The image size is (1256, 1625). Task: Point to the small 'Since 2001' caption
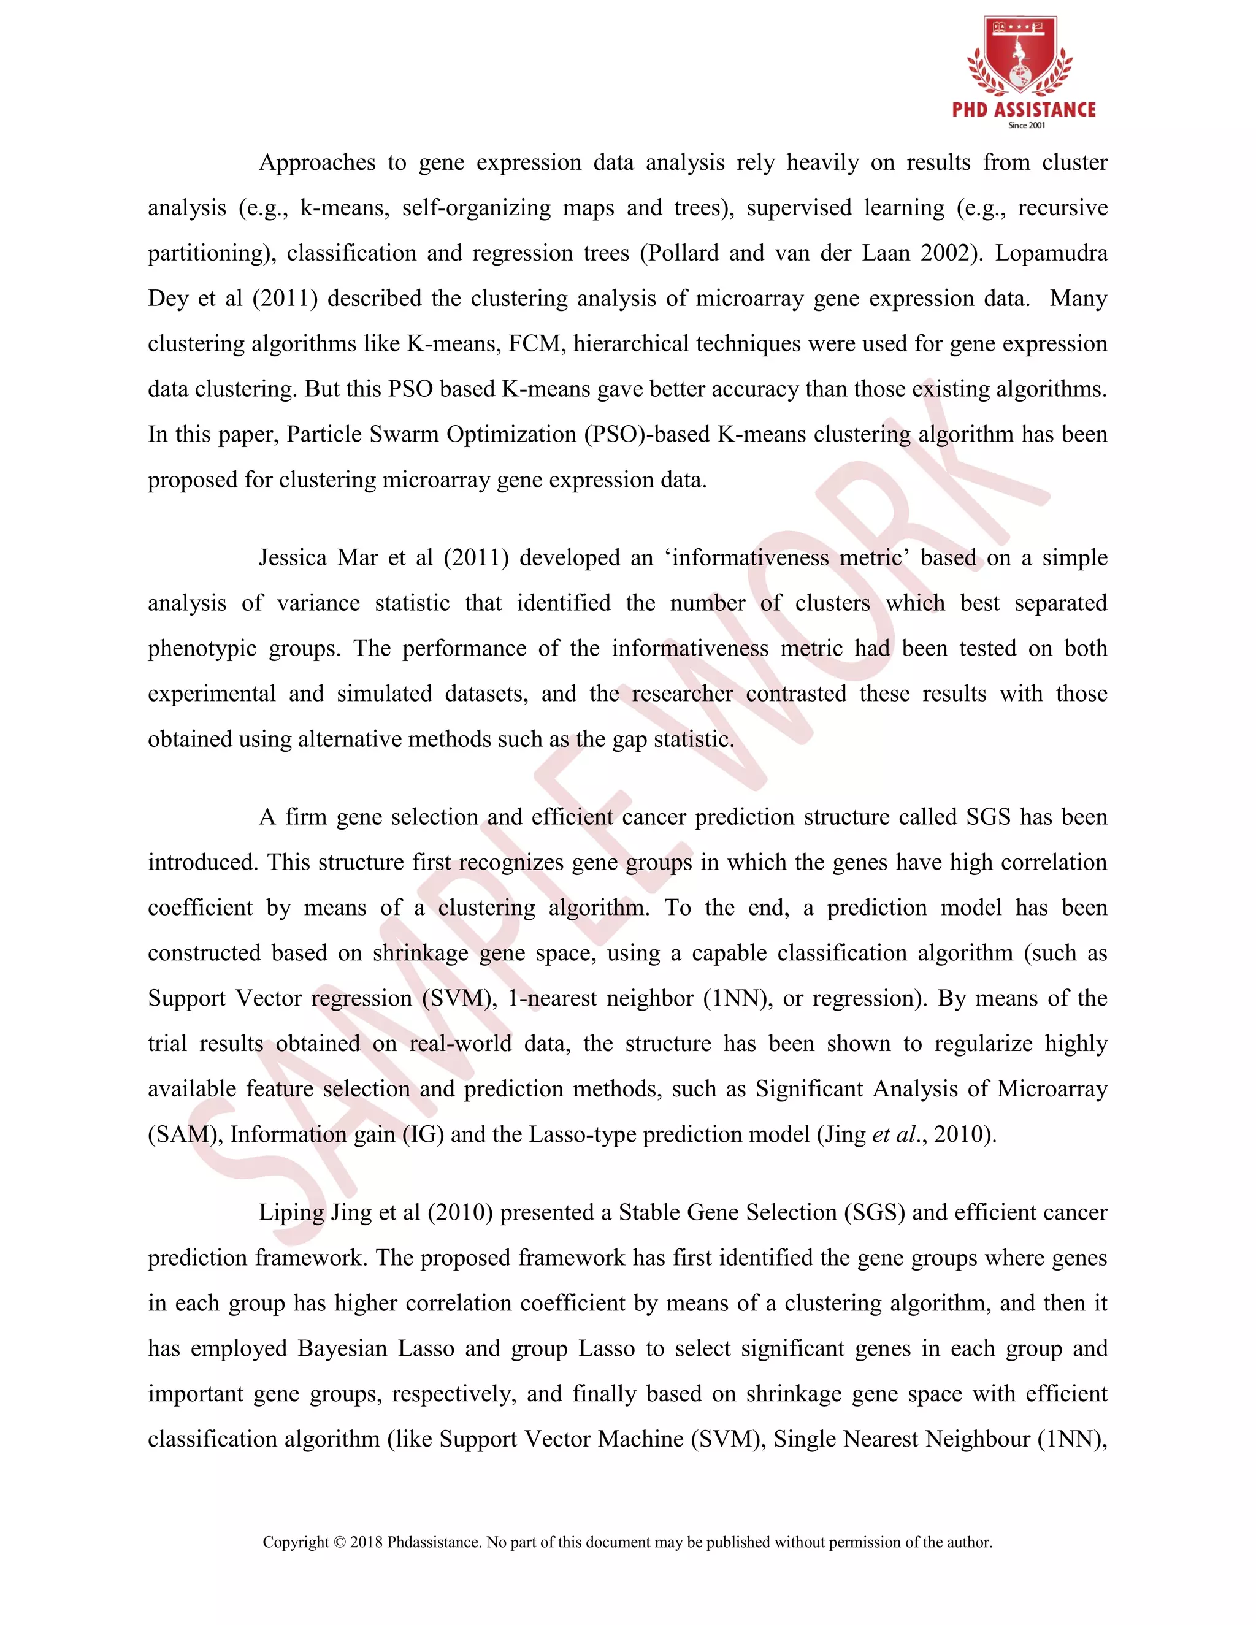pos(1026,126)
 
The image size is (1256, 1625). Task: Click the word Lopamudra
pos(1051,253)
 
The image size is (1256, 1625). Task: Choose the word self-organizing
pos(476,208)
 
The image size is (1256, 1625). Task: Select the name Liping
pos(289,1212)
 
